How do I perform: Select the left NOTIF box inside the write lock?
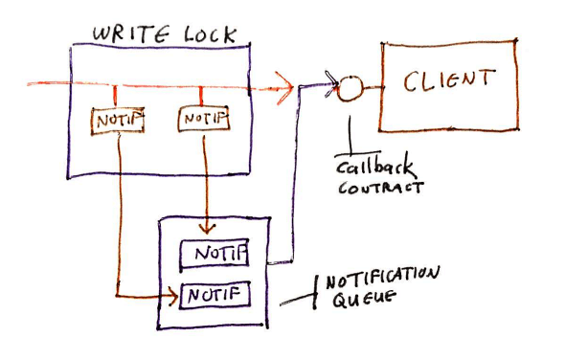coord(117,120)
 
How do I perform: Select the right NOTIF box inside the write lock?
coord(204,119)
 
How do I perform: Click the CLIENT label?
coord(449,80)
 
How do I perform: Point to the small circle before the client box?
coord(350,88)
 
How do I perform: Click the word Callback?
coord(367,167)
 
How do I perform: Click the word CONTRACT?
coord(380,188)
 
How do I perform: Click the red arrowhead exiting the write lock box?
coord(284,85)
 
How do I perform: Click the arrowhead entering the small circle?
coord(332,88)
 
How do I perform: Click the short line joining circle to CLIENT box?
coord(373,87)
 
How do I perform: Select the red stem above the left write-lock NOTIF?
coord(116,97)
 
